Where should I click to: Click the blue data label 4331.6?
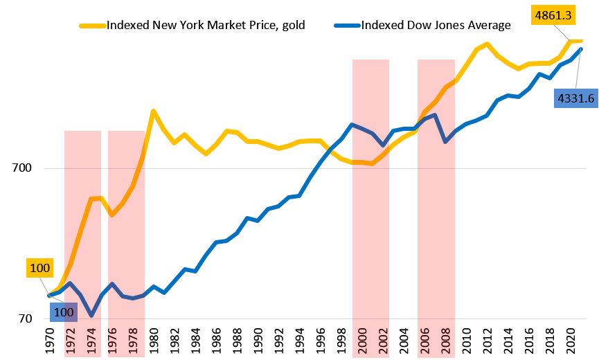point(575,98)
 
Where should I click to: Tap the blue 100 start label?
point(64,312)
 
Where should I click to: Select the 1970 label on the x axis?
point(50,341)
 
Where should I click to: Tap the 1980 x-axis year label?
point(154,341)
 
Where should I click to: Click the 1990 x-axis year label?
point(258,341)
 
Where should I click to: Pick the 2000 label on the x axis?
point(361,341)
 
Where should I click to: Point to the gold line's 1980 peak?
point(153,111)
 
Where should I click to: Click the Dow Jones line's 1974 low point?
point(91,315)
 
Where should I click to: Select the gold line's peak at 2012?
point(487,44)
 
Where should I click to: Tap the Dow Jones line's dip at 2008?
point(445,141)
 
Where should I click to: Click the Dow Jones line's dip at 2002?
point(382,145)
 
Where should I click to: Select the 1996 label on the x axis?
point(320,341)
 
